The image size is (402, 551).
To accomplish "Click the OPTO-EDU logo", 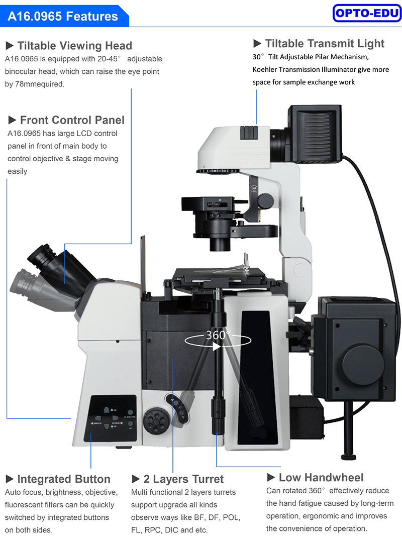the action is click(x=366, y=14).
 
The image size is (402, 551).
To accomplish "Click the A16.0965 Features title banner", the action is click(x=63, y=16).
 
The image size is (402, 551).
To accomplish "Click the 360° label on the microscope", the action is click(x=218, y=335).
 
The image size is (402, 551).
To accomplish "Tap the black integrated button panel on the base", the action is click(x=111, y=418).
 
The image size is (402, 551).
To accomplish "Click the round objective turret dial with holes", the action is click(x=156, y=420).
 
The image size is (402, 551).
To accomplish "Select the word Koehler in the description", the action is click(x=264, y=70).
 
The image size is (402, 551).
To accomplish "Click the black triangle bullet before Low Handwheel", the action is click(x=271, y=477).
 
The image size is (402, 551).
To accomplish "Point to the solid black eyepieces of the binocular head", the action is click(x=42, y=256).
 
